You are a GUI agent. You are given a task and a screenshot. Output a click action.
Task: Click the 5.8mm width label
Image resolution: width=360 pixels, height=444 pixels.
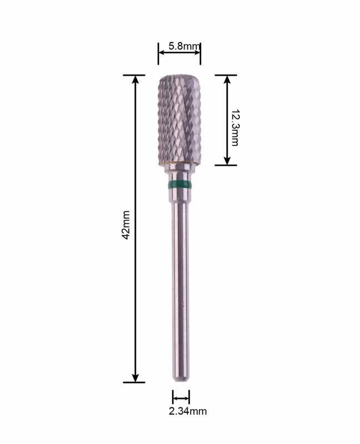(x=184, y=46)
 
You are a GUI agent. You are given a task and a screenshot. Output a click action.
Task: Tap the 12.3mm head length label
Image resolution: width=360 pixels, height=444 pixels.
(x=235, y=128)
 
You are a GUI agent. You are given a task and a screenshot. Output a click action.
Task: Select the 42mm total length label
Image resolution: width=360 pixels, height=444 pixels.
(x=126, y=225)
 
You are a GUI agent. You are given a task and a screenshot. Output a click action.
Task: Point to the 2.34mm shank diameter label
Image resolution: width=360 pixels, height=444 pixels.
(x=188, y=411)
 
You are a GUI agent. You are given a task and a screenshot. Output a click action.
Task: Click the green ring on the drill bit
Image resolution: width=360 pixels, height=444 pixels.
(x=179, y=185)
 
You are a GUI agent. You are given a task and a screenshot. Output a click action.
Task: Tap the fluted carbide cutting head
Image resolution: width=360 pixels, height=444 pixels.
(x=179, y=119)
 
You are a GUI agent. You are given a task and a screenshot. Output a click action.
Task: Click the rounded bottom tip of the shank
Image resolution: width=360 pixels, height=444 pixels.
(x=181, y=379)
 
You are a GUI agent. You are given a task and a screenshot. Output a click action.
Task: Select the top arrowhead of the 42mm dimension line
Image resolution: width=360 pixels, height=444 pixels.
(x=136, y=79)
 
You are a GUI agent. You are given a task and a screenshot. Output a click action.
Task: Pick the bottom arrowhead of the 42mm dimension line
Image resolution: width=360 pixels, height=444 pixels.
(x=136, y=378)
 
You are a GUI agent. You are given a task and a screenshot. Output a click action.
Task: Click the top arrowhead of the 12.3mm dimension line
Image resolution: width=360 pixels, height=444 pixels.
(x=227, y=79)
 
